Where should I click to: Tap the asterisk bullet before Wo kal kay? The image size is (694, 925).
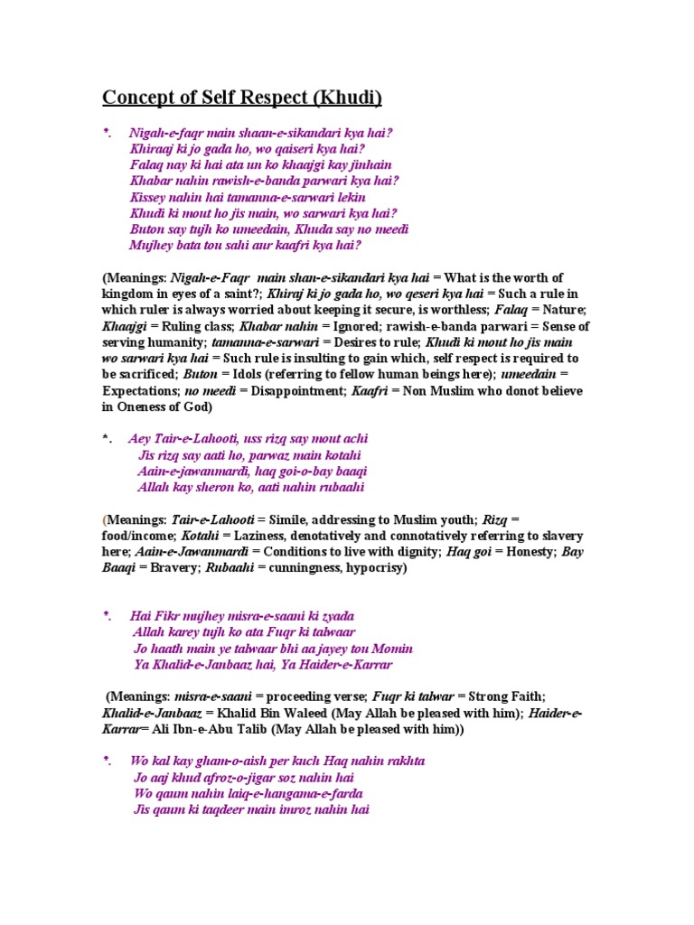[x=107, y=762]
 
